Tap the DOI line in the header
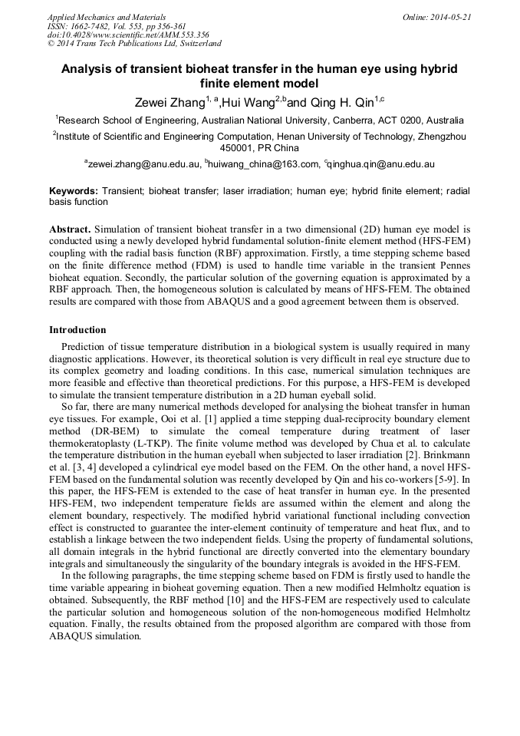tap(127, 35)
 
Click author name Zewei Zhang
tap(169, 103)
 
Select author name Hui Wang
tap(242, 103)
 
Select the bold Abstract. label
tap(71, 229)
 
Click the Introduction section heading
tap(77, 330)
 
